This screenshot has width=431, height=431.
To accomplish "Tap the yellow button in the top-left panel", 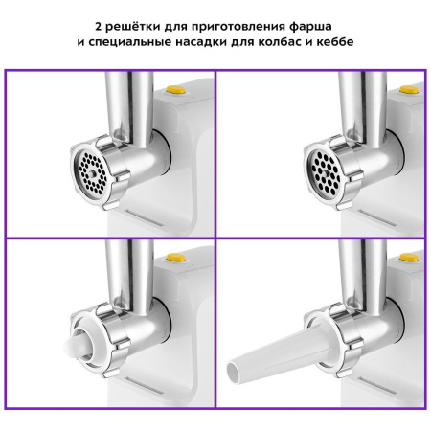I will tap(175, 93).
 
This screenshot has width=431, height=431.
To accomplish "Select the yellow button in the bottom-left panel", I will tap(175, 257).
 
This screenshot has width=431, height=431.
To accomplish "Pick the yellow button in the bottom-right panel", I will tap(409, 257).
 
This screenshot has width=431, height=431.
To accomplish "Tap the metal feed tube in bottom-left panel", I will tap(128, 273).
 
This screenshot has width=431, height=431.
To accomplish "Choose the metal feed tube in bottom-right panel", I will tap(364, 273).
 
